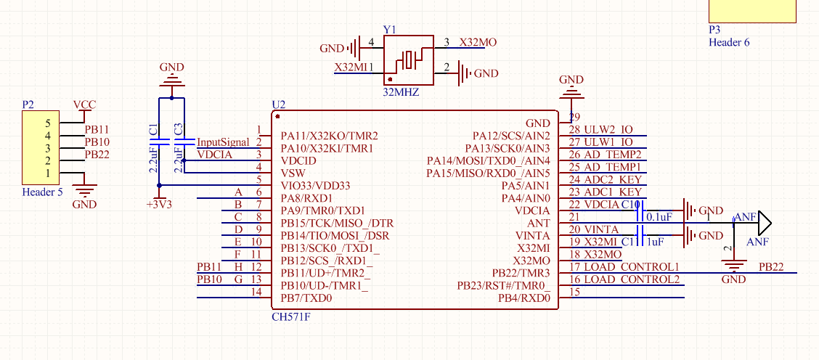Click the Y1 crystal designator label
click(390, 30)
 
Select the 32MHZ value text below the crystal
click(401, 93)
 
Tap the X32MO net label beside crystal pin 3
click(478, 43)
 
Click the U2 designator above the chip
click(278, 105)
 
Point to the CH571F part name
click(290, 317)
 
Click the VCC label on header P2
click(84, 105)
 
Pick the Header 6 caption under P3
click(729, 42)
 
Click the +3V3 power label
click(159, 205)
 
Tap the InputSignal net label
click(224, 142)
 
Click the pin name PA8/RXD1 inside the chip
click(306, 198)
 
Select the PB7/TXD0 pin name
click(306, 298)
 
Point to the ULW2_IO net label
click(608, 129)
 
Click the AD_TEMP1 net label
click(613, 168)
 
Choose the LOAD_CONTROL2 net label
click(632, 279)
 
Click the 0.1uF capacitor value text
click(660, 217)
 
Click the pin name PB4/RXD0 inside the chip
click(523, 298)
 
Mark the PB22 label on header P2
click(97, 155)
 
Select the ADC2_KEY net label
click(613, 179)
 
